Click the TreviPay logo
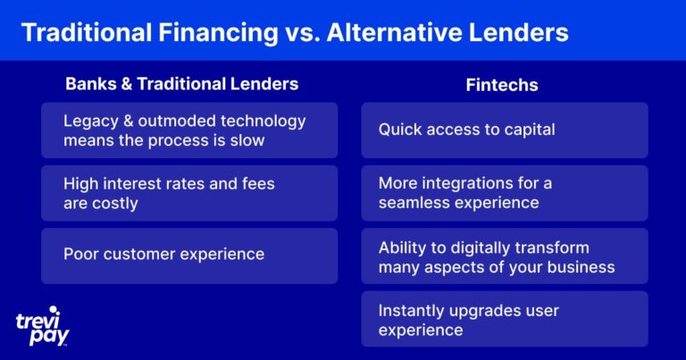pos(43,326)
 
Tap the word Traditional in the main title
pos(87,32)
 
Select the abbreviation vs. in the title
pos(303,33)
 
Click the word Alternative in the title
pos(394,32)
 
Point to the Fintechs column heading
pos(502,85)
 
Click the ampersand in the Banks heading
pos(127,84)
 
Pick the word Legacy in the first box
pos(91,121)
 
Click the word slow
pos(248,140)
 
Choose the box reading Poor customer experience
pos(189,255)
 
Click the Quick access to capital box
pos(505,130)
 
